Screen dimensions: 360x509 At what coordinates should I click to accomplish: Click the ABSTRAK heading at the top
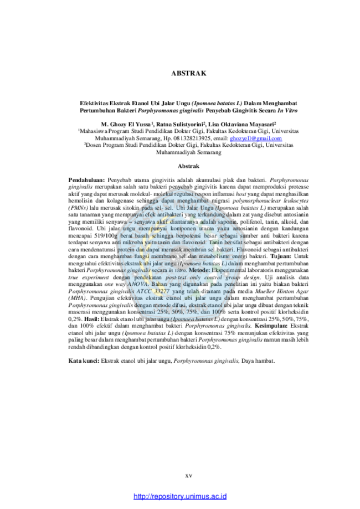(189, 73)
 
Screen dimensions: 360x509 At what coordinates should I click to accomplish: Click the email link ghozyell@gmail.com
(256, 138)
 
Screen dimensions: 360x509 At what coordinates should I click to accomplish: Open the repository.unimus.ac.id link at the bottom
(180, 496)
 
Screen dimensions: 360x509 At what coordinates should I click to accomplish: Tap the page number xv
(189, 476)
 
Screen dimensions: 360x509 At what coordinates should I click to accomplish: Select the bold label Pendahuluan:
(86, 180)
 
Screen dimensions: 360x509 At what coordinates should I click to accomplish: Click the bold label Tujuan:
(281, 256)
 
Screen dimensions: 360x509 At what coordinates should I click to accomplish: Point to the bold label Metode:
(199, 270)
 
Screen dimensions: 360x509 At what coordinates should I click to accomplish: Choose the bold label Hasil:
(91, 319)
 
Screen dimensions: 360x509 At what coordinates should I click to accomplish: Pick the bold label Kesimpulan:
(271, 326)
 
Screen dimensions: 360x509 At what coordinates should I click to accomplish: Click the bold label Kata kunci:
(84, 361)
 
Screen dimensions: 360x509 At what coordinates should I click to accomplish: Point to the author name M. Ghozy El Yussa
(126, 124)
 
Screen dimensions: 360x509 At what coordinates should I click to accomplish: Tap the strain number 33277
(161, 291)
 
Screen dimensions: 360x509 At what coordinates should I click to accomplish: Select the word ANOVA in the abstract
(137, 284)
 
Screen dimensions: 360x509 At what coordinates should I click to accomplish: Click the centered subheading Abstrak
(189, 166)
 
